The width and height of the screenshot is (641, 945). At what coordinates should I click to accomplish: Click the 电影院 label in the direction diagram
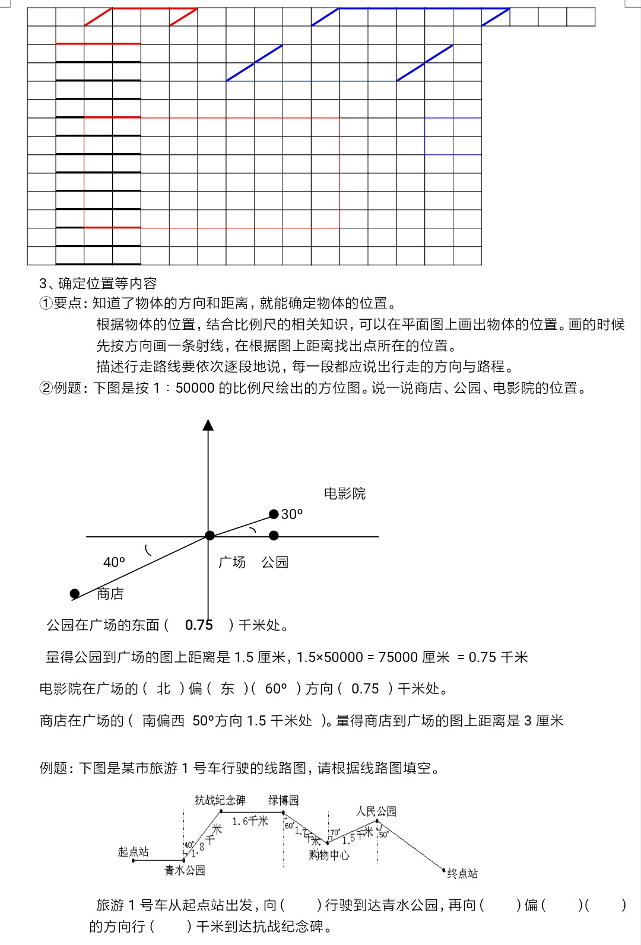pos(345,494)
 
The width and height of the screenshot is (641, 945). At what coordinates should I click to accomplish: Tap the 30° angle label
pos(292,514)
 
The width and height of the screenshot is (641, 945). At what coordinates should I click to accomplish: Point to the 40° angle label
pos(114,562)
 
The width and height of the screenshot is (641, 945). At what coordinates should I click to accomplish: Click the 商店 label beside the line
pos(110,594)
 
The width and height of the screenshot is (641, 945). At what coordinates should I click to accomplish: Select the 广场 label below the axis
pos(232,562)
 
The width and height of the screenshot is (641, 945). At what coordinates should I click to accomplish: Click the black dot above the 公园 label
pos(274,536)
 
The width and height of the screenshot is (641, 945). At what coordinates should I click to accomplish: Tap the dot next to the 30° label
pos(274,514)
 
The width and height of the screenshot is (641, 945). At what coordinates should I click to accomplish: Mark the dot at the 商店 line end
pos(75,594)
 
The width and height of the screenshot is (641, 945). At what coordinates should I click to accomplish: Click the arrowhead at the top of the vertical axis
pos(208,425)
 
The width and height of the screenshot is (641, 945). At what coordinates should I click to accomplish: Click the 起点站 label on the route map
pos(134,852)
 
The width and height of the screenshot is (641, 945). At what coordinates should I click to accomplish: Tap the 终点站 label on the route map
pos(462,873)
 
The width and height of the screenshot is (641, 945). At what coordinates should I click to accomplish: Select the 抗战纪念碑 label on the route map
pos(220,800)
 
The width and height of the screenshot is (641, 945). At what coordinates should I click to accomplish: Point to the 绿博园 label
pos(283,800)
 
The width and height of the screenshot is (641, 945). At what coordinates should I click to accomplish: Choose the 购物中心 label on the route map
pos(329,855)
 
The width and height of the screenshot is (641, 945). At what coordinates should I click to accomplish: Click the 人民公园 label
pos(376,811)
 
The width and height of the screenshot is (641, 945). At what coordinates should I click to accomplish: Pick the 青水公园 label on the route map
pos(185,870)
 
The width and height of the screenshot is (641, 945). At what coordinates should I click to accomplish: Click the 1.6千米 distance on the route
pos(250,821)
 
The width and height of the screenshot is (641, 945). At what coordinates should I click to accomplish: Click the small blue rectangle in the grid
pos(453,136)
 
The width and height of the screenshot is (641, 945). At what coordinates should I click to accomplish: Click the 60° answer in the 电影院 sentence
pos(276,689)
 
